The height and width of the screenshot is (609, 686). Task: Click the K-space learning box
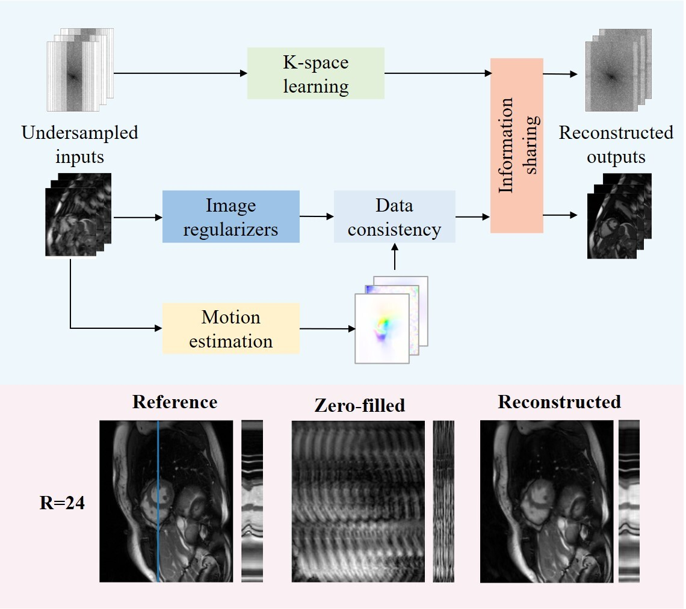pos(316,74)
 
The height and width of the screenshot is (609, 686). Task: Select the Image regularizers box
pos(231,216)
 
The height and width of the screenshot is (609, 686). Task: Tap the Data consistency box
pos(394,216)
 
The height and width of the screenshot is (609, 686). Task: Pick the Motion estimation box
pos(231,328)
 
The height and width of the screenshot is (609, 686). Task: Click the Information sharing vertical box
pos(516,145)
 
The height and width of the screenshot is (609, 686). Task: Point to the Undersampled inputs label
pos(80,144)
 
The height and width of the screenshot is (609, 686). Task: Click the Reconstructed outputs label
pos(616,144)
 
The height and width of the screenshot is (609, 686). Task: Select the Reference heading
pos(175,402)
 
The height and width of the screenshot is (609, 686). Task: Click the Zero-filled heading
pos(359,405)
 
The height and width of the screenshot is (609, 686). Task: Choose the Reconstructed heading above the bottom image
pos(559,402)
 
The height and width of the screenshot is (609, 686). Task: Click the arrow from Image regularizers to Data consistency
pos(317,216)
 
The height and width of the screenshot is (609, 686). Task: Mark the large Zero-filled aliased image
pos(357,501)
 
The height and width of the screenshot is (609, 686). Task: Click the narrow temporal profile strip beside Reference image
pos(252,501)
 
